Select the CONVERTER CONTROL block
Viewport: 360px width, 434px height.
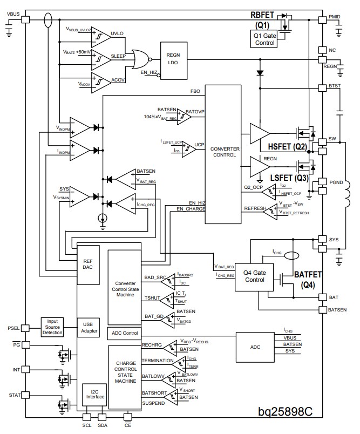pyautogui.click(x=223, y=151)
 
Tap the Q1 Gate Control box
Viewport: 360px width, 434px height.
pyautogui.click(x=264, y=38)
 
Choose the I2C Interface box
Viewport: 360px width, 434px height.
pyautogui.click(x=94, y=397)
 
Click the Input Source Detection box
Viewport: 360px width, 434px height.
pyautogui.click(x=52, y=327)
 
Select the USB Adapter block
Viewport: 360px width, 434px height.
pyautogui.click(x=88, y=327)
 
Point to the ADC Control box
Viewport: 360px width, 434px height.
pyautogui.click(x=124, y=333)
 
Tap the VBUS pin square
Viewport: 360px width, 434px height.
pyautogui.click(x=25, y=19)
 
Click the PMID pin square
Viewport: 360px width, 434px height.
pyautogui.click(x=323, y=18)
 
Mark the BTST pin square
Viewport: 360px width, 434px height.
pyautogui.click(x=323, y=86)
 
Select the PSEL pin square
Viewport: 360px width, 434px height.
pyautogui.click(x=25, y=328)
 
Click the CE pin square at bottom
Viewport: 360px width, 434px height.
pyautogui.click(x=128, y=416)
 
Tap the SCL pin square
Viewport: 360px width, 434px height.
pyautogui.click(x=87, y=416)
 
